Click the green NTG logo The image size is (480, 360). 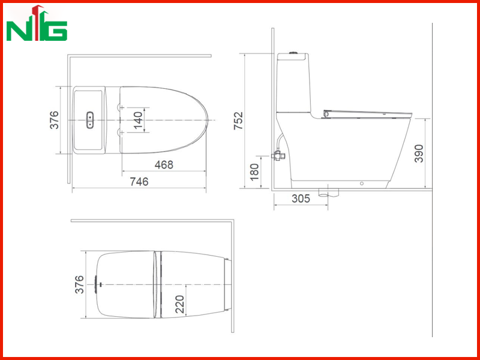[x=37, y=24]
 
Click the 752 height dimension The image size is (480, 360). [x=238, y=121]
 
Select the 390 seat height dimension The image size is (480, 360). [x=419, y=154]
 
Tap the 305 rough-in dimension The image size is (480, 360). [x=301, y=199]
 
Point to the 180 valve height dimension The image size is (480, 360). [x=254, y=172]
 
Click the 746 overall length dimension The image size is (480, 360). [x=139, y=182]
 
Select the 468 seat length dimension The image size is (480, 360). [x=164, y=164]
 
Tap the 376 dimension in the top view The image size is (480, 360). [x=54, y=120]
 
